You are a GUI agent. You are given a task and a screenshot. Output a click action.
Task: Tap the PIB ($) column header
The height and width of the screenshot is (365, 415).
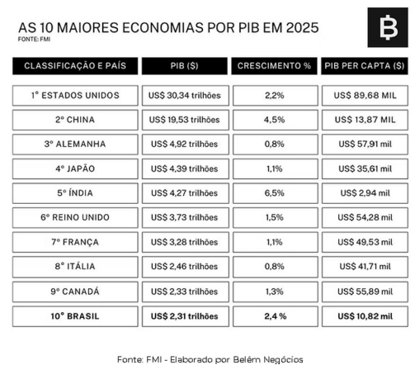click(185, 65)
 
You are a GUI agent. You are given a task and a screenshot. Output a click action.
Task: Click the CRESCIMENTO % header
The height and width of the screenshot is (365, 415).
click(275, 65)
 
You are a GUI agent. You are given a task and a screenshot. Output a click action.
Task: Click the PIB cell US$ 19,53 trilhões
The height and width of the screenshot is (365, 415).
click(185, 120)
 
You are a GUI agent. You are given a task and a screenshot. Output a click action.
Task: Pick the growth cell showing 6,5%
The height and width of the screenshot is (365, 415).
click(275, 195)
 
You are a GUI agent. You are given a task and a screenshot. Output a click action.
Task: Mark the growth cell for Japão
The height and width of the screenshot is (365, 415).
click(275, 170)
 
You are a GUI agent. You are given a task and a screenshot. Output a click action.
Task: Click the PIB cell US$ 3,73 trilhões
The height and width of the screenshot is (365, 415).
click(185, 219)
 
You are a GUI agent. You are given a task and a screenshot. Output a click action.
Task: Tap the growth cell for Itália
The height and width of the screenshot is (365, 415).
click(275, 267)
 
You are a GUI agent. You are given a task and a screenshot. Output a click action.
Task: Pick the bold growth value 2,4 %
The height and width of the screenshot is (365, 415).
click(275, 315)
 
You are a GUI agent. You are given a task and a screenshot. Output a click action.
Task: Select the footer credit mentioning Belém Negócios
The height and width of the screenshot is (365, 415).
click(210, 358)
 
